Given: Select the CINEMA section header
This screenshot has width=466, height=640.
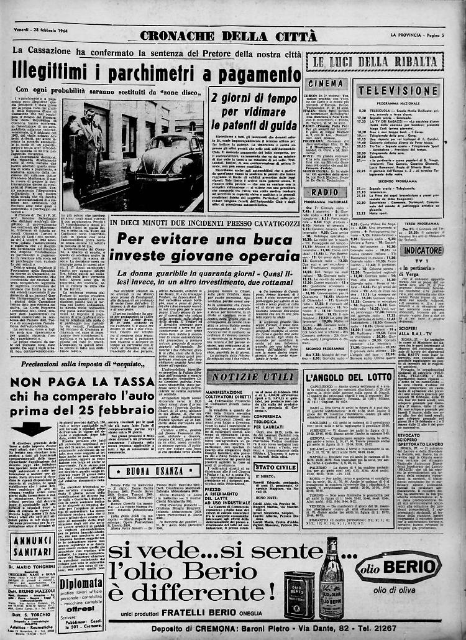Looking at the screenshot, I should tap(327, 83).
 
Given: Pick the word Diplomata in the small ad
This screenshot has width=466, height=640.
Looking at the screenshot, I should tap(81, 567).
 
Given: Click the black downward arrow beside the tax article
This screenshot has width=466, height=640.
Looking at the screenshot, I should tap(30, 429).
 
